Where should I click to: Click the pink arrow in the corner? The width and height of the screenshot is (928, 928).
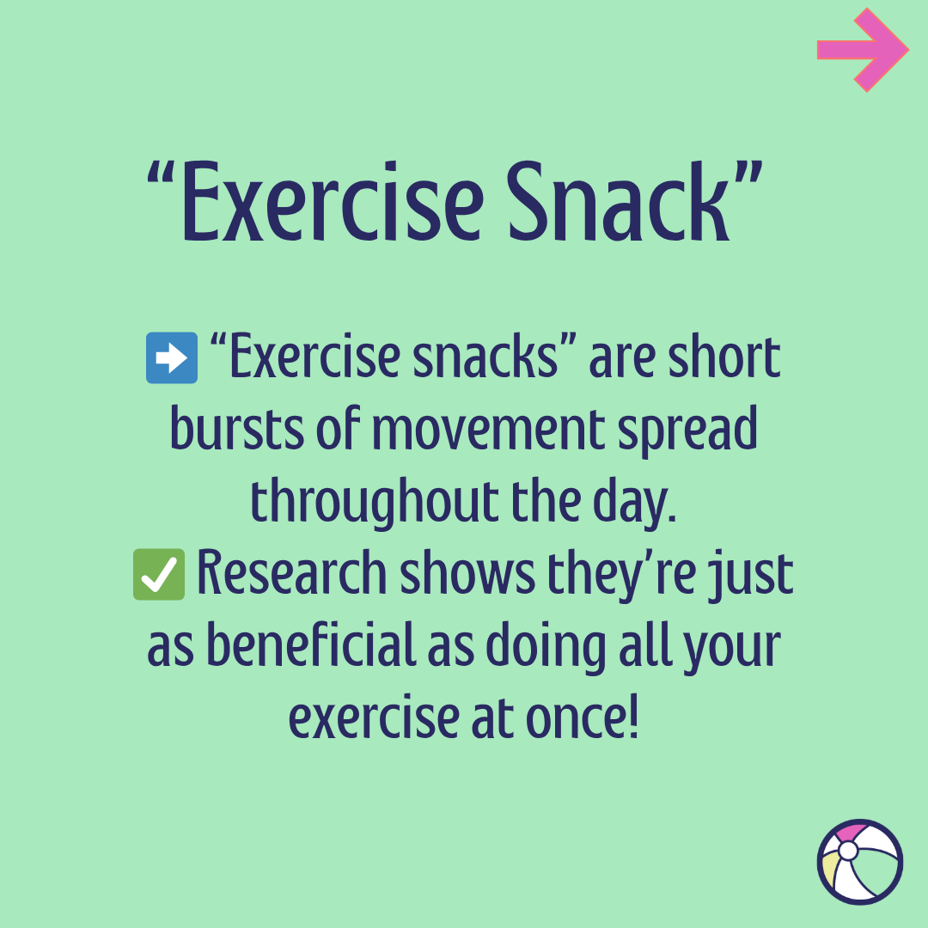(862, 50)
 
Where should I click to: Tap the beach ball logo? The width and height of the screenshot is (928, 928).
(860, 862)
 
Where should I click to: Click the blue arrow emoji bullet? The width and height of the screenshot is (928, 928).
(172, 360)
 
